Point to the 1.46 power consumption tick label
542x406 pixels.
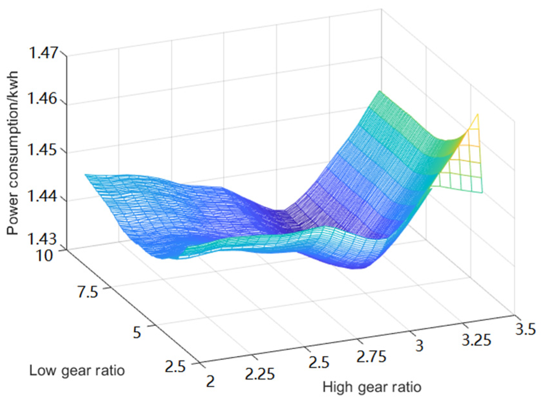[43, 98]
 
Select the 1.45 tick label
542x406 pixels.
[43, 150]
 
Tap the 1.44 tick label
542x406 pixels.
[43, 196]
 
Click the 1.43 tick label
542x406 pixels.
[43, 239]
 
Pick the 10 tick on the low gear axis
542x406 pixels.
[44, 256]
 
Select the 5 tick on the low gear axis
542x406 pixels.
[137, 332]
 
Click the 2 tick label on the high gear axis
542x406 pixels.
[210, 382]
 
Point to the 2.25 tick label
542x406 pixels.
[260, 374]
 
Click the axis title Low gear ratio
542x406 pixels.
[77, 371]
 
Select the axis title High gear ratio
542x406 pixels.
[372, 387]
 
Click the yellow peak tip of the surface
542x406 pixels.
[478, 114]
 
